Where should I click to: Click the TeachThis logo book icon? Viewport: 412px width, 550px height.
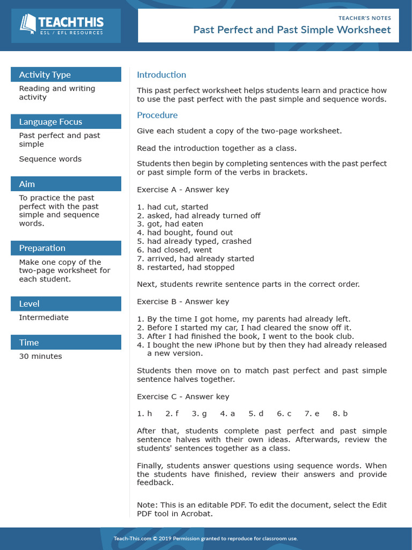click(x=28, y=23)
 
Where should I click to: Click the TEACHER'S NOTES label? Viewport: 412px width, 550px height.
click(x=365, y=18)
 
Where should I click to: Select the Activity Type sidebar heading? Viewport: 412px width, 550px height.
click(x=45, y=75)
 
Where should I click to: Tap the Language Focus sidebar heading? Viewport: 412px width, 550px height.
click(x=50, y=121)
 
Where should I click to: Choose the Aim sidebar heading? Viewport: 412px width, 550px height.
click(x=27, y=184)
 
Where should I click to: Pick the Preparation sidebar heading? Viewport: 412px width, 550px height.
click(x=42, y=248)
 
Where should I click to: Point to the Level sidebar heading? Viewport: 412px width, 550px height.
click(x=29, y=303)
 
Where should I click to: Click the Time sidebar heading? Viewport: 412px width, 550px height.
click(x=29, y=342)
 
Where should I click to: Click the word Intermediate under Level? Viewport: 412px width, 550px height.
click(x=43, y=317)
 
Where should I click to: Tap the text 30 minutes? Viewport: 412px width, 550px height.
click(x=40, y=356)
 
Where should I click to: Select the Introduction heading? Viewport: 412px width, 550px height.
click(x=161, y=75)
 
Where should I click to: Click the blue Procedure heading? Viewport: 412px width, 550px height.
click(x=157, y=115)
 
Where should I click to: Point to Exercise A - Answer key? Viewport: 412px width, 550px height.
click(x=183, y=190)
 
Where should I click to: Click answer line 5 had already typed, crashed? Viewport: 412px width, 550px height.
click(x=194, y=241)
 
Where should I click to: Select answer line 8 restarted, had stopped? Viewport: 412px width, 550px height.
click(x=186, y=267)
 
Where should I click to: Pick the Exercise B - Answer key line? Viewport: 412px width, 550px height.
click(x=183, y=301)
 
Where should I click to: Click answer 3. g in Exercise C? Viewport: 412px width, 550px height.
click(x=199, y=414)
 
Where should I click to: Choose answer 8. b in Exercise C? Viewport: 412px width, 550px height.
click(x=340, y=414)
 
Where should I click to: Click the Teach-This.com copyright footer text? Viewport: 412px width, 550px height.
click(x=205, y=539)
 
